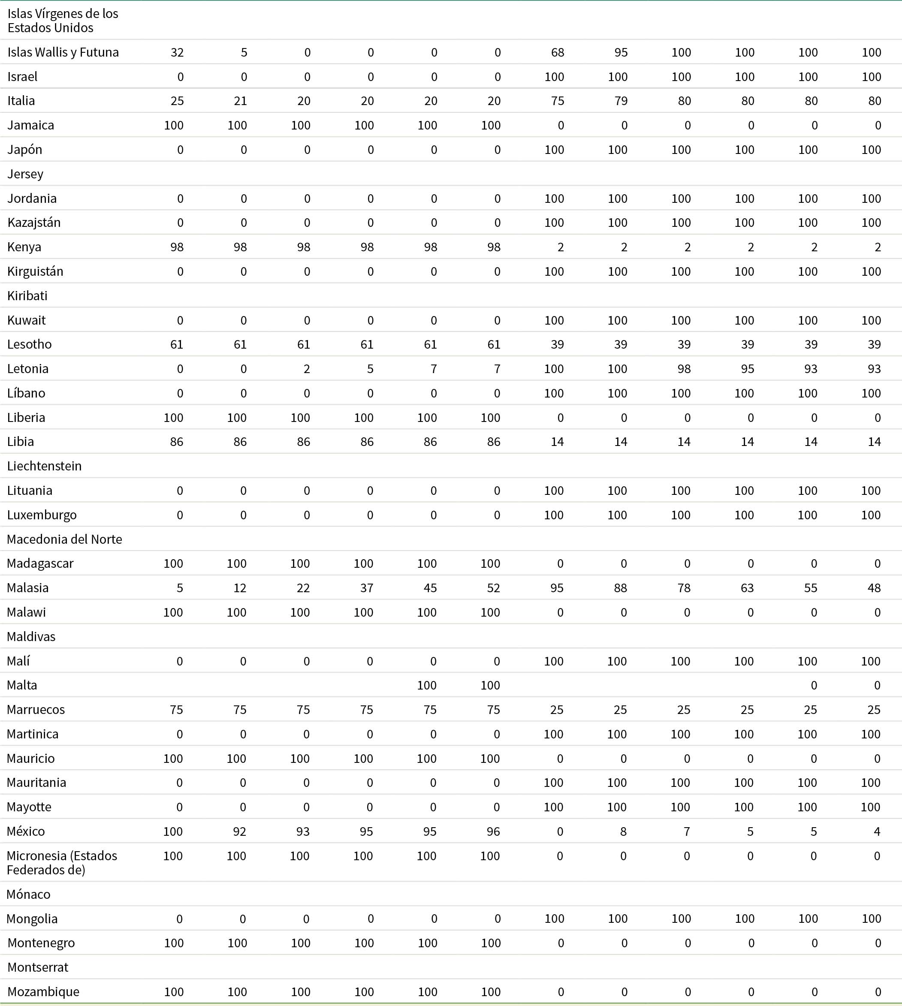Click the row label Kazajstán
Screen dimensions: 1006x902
point(34,223)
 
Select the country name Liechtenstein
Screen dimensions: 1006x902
point(44,466)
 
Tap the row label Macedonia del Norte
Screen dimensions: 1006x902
point(64,539)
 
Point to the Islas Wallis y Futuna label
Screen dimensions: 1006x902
point(63,52)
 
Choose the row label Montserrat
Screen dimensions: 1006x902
point(38,967)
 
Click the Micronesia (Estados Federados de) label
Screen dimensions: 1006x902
point(61,862)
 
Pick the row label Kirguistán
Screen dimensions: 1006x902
point(35,271)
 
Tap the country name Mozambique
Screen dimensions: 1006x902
point(43,991)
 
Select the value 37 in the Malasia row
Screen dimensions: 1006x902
point(367,588)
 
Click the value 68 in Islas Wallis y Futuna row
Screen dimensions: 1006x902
point(558,52)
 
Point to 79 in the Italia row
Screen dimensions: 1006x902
point(621,101)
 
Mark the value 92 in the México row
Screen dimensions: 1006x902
point(240,831)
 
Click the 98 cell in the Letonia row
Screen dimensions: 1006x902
point(684,369)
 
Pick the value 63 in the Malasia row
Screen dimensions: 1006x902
point(747,588)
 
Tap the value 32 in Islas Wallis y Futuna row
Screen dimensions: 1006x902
point(177,52)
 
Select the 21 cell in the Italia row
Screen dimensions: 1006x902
point(240,101)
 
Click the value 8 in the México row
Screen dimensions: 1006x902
point(624,831)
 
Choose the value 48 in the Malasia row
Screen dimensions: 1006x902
point(874,588)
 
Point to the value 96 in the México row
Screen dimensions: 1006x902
point(493,831)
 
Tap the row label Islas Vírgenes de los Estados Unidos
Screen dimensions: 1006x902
point(63,20)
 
